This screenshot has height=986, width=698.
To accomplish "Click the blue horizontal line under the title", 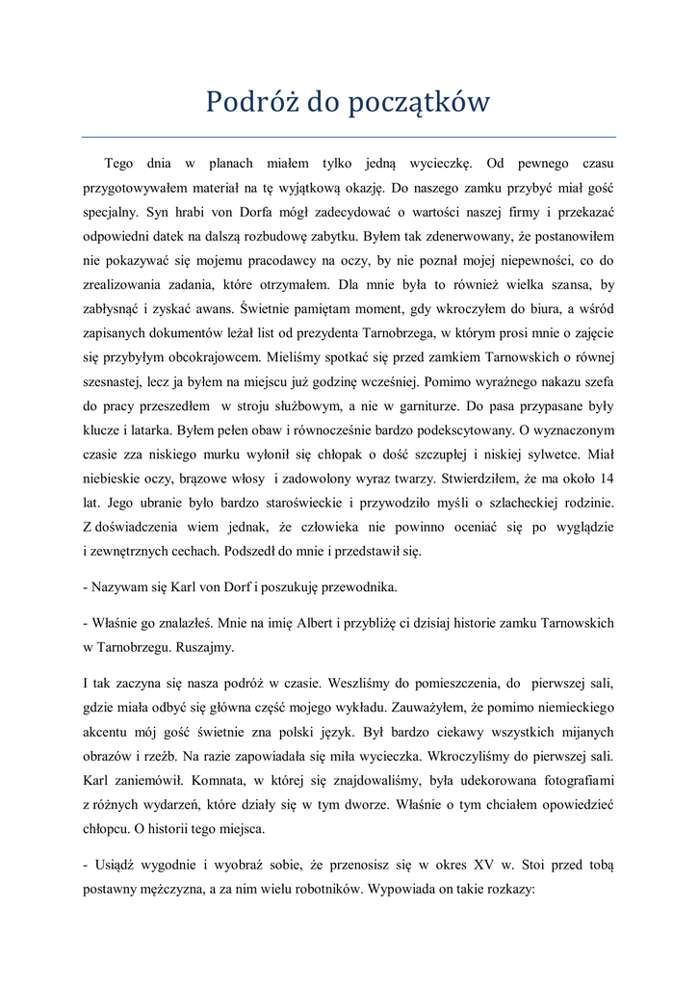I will tap(349, 137).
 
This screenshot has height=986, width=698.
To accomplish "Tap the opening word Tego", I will tap(118, 163).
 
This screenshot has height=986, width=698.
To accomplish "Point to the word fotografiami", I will tap(565, 779).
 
